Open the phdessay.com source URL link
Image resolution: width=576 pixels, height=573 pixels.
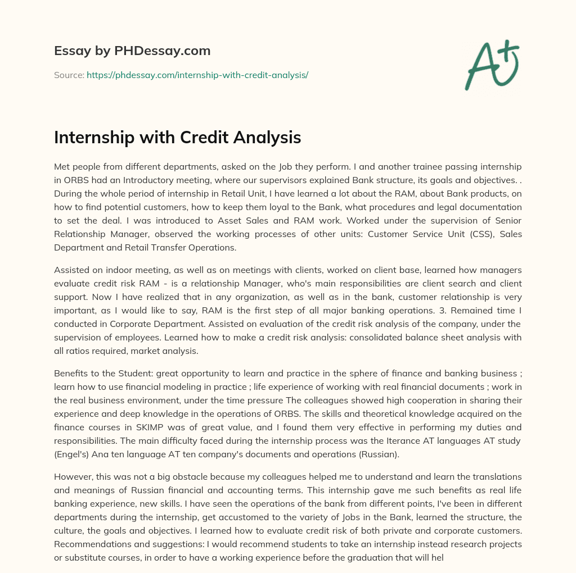tap(197, 75)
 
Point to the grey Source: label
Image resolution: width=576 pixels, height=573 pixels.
tap(69, 75)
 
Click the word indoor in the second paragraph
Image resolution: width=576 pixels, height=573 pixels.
tap(111, 270)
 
